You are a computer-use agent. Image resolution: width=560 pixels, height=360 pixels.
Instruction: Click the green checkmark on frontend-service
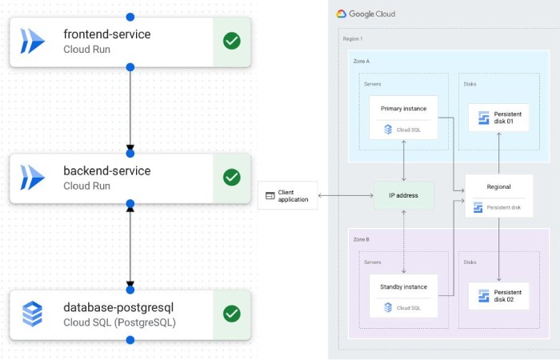point(232,40)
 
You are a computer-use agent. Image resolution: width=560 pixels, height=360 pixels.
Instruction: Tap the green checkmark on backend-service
point(232,177)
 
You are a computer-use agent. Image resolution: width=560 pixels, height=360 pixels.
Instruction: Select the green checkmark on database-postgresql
point(232,314)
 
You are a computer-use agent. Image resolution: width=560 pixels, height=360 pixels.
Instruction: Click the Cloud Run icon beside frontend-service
point(33,40)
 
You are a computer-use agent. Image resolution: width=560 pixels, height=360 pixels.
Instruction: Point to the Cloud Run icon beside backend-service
point(33,177)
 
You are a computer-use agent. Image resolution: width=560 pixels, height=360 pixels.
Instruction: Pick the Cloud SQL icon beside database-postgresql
point(33,314)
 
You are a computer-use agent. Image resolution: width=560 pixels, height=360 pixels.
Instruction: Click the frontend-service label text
point(106,34)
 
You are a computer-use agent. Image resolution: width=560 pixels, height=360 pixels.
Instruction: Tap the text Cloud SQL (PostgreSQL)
point(118,322)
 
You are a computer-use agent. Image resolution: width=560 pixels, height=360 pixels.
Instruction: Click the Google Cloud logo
point(366,14)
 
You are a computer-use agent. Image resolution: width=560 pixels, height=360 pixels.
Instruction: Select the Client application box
point(287,195)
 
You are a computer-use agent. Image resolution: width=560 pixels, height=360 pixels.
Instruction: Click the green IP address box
point(404,195)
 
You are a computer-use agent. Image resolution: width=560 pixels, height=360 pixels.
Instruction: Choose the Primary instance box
point(403,118)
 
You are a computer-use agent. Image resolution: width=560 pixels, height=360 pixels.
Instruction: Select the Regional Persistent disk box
point(498,196)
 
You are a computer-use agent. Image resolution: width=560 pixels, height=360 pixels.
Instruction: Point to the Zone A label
point(362,61)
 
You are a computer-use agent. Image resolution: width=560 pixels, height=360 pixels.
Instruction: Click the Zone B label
point(362,239)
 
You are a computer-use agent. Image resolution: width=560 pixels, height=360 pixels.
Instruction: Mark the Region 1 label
point(353,38)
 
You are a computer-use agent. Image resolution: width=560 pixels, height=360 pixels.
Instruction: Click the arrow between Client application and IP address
point(346,195)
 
